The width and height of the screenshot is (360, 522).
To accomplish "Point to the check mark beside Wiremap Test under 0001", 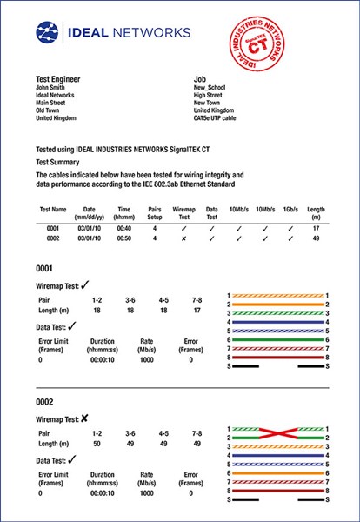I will click(x=85, y=284).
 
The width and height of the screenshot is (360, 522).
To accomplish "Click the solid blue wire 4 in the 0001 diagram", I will click(x=277, y=324).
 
